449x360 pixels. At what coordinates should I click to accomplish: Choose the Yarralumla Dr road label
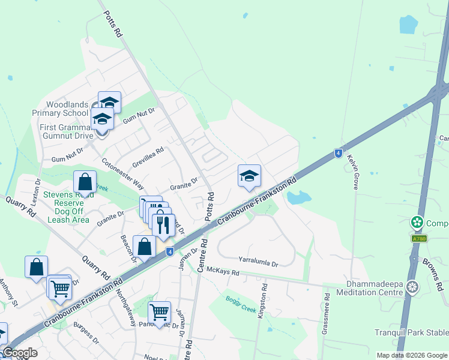tap(259, 263)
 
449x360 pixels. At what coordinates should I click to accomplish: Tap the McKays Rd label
tap(223, 272)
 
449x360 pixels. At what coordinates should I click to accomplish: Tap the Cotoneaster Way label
tap(123, 173)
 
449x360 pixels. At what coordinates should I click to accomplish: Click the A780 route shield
tap(420, 238)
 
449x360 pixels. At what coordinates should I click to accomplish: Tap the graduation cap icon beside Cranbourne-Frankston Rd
tap(249, 176)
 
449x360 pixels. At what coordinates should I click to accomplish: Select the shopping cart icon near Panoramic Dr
tap(159, 312)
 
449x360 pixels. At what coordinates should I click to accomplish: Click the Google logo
tap(20, 353)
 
